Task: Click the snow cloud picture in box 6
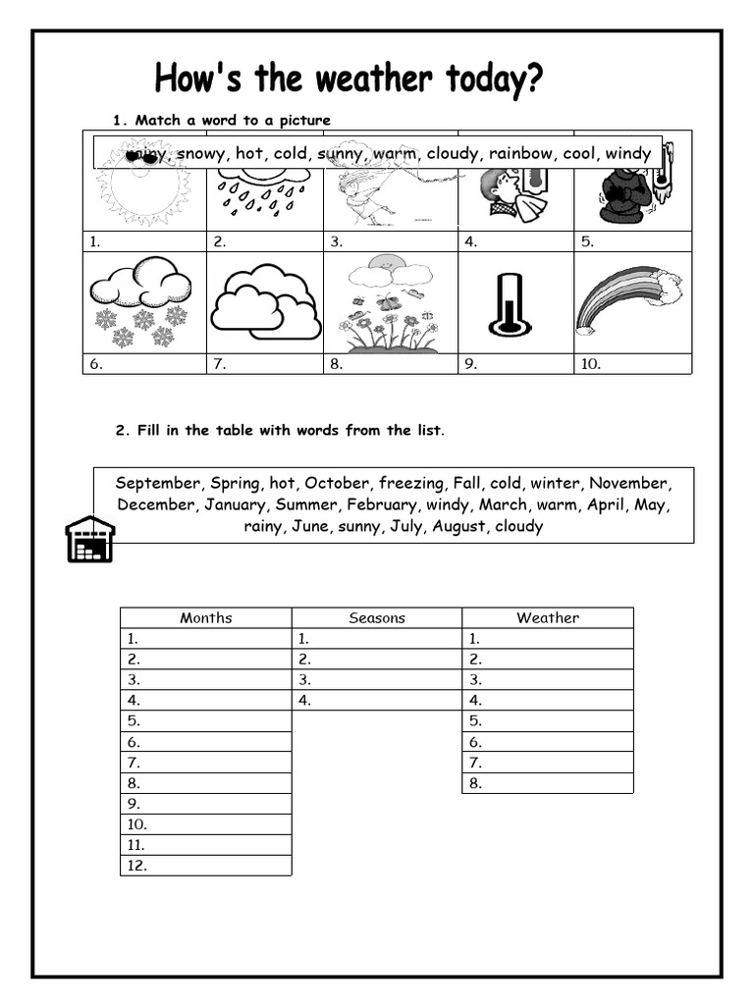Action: click(x=141, y=299)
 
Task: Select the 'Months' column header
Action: click(x=206, y=617)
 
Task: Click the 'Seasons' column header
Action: click(x=377, y=617)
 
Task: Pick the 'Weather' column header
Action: click(x=548, y=617)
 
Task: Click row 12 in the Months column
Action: click(x=206, y=866)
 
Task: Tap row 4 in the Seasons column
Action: click(x=377, y=700)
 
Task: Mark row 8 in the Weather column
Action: click(x=548, y=783)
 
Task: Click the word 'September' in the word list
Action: click(x=157, y=483)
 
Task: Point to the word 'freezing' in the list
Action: click(x=411, y=483)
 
